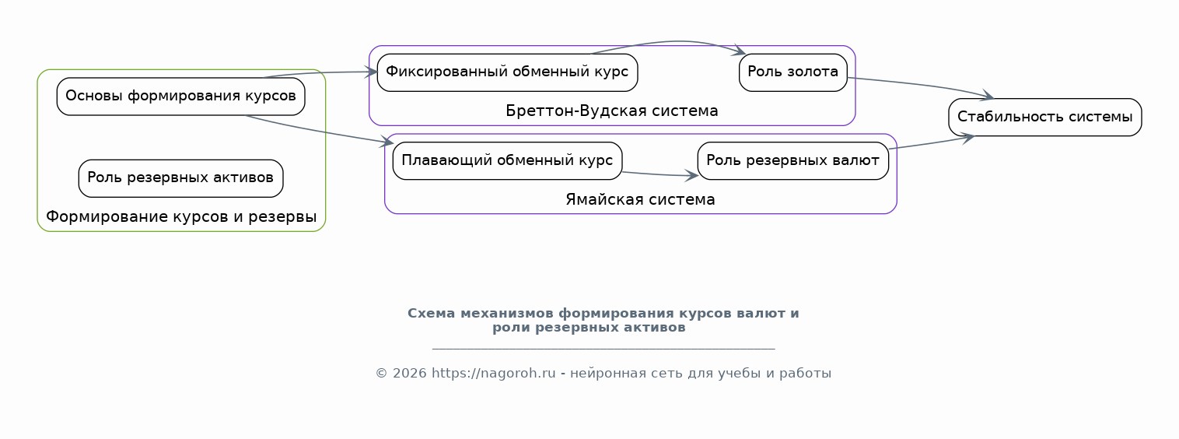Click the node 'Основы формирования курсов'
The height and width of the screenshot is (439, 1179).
click(x=180, y=97)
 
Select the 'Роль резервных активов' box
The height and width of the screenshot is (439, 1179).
click(x=180, y=178)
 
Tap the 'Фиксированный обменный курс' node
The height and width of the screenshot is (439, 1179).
click(x=507, y=72)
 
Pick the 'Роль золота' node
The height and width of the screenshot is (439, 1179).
click(x=792, y=72)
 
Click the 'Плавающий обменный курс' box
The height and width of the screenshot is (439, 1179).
click(x=507, y=161)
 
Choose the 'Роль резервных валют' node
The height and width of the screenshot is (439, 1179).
click(x=792, y=161)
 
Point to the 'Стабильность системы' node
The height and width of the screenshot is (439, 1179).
click(x=1044, y=117)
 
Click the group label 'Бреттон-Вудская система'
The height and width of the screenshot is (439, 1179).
click(x=611, y=111)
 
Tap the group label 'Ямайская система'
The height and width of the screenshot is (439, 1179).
click(x=640, y=200)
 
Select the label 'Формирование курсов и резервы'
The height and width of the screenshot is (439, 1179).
click(x=181, y=216)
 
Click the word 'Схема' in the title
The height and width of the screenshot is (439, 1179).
click(x=431, y=314)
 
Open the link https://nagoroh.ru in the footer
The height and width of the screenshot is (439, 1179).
click(x=493, y=373)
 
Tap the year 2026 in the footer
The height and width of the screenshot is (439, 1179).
click(x=410, y=373)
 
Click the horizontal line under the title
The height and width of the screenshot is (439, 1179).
click(x=603, y=349)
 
